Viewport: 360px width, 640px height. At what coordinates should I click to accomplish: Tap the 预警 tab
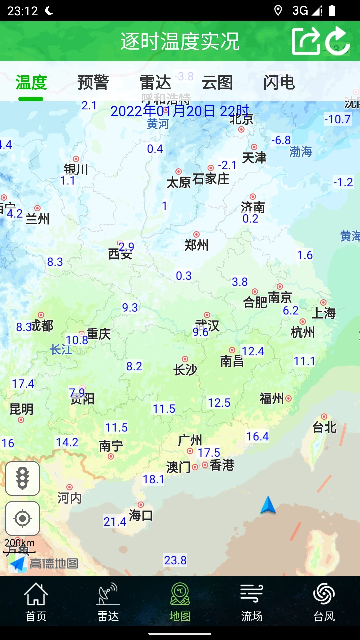[93, 83]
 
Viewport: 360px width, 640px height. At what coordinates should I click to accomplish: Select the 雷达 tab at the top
[155, 83]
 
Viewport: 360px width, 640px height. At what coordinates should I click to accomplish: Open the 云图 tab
[217, 83]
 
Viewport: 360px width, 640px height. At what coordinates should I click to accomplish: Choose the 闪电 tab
[279, 83]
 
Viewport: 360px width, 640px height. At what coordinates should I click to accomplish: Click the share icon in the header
[305, 41]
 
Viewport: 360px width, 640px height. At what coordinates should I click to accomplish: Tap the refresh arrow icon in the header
[337, 41]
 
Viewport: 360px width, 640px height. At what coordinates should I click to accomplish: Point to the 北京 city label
[241, 119]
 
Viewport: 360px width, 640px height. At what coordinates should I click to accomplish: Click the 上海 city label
[323, 313]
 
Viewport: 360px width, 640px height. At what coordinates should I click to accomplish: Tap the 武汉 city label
[207, 325]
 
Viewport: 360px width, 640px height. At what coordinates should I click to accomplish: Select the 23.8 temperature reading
[175, 560]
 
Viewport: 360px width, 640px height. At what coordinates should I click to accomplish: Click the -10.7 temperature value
[337, 119]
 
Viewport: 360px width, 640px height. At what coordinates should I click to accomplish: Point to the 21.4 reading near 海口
[115, 522]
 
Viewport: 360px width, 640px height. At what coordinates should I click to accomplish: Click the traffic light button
[22, 479]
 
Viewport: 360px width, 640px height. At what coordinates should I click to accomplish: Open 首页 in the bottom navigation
[36, 602]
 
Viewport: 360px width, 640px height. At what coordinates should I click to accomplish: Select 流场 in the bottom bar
[252, 602]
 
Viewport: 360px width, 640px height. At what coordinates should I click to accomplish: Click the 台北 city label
[324, 427]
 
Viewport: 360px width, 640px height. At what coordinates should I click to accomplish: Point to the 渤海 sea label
[301, 152]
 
